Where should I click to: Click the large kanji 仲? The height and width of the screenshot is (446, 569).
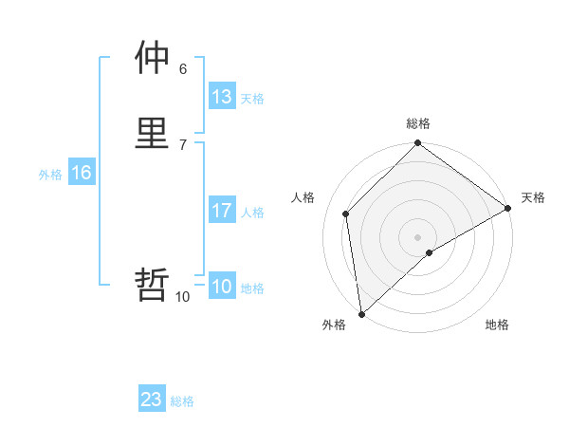(152, 60)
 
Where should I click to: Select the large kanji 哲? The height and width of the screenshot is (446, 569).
(152, 285)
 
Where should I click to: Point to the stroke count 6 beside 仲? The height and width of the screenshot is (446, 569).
(182, 68)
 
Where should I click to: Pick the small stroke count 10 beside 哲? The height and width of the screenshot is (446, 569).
(182, 297)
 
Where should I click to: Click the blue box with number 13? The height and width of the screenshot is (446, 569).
(221, 97)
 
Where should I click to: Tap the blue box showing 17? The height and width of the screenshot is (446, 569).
(221, 211)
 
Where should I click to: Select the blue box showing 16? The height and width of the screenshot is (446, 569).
(81, 173)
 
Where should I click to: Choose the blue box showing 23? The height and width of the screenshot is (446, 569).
(152, 400)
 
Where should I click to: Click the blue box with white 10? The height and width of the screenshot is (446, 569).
(221, 287)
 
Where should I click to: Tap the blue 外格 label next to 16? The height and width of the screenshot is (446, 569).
(50, 175)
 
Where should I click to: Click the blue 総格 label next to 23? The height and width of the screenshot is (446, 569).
(182, 401)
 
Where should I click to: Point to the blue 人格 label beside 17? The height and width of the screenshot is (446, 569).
(252, 213)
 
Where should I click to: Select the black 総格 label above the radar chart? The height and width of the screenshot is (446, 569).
(418, 123)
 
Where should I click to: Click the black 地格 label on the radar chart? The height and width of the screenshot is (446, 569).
(497, 325)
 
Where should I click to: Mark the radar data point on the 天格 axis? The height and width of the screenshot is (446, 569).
(507, 208)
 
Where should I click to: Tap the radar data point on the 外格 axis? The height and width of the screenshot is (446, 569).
(361, 314)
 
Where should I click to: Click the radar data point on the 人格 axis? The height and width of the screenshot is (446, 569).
(346, 214)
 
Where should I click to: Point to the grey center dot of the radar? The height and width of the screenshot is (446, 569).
(418, 236)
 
